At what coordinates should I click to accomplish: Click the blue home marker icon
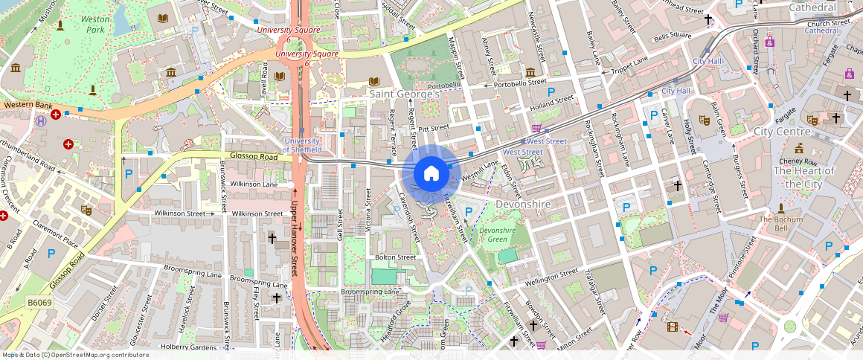(431, 174)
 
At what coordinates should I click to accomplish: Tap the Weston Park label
(95, 24)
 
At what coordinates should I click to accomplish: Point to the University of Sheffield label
(302, 145)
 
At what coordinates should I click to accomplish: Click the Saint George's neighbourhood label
(405, 94)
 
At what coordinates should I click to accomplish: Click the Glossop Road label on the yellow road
(252, 157)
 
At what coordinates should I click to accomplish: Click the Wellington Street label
(552, 277)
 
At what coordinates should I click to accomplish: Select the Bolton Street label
(395, 257)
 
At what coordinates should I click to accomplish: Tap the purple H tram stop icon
(40, 120)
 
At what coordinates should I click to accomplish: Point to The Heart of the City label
(803, 177)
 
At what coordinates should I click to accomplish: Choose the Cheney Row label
(798, 161)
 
